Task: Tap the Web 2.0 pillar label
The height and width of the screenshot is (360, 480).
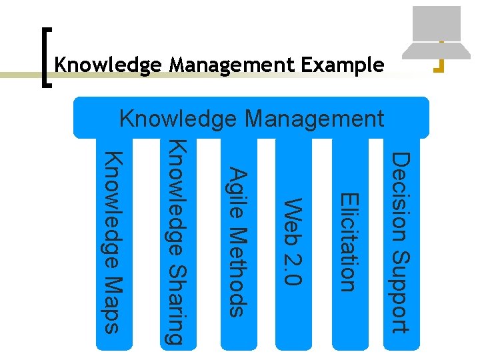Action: pyautogui.click(x=294, y=241)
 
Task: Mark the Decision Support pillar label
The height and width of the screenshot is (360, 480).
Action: pyautogui.click(x=400, y=242)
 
